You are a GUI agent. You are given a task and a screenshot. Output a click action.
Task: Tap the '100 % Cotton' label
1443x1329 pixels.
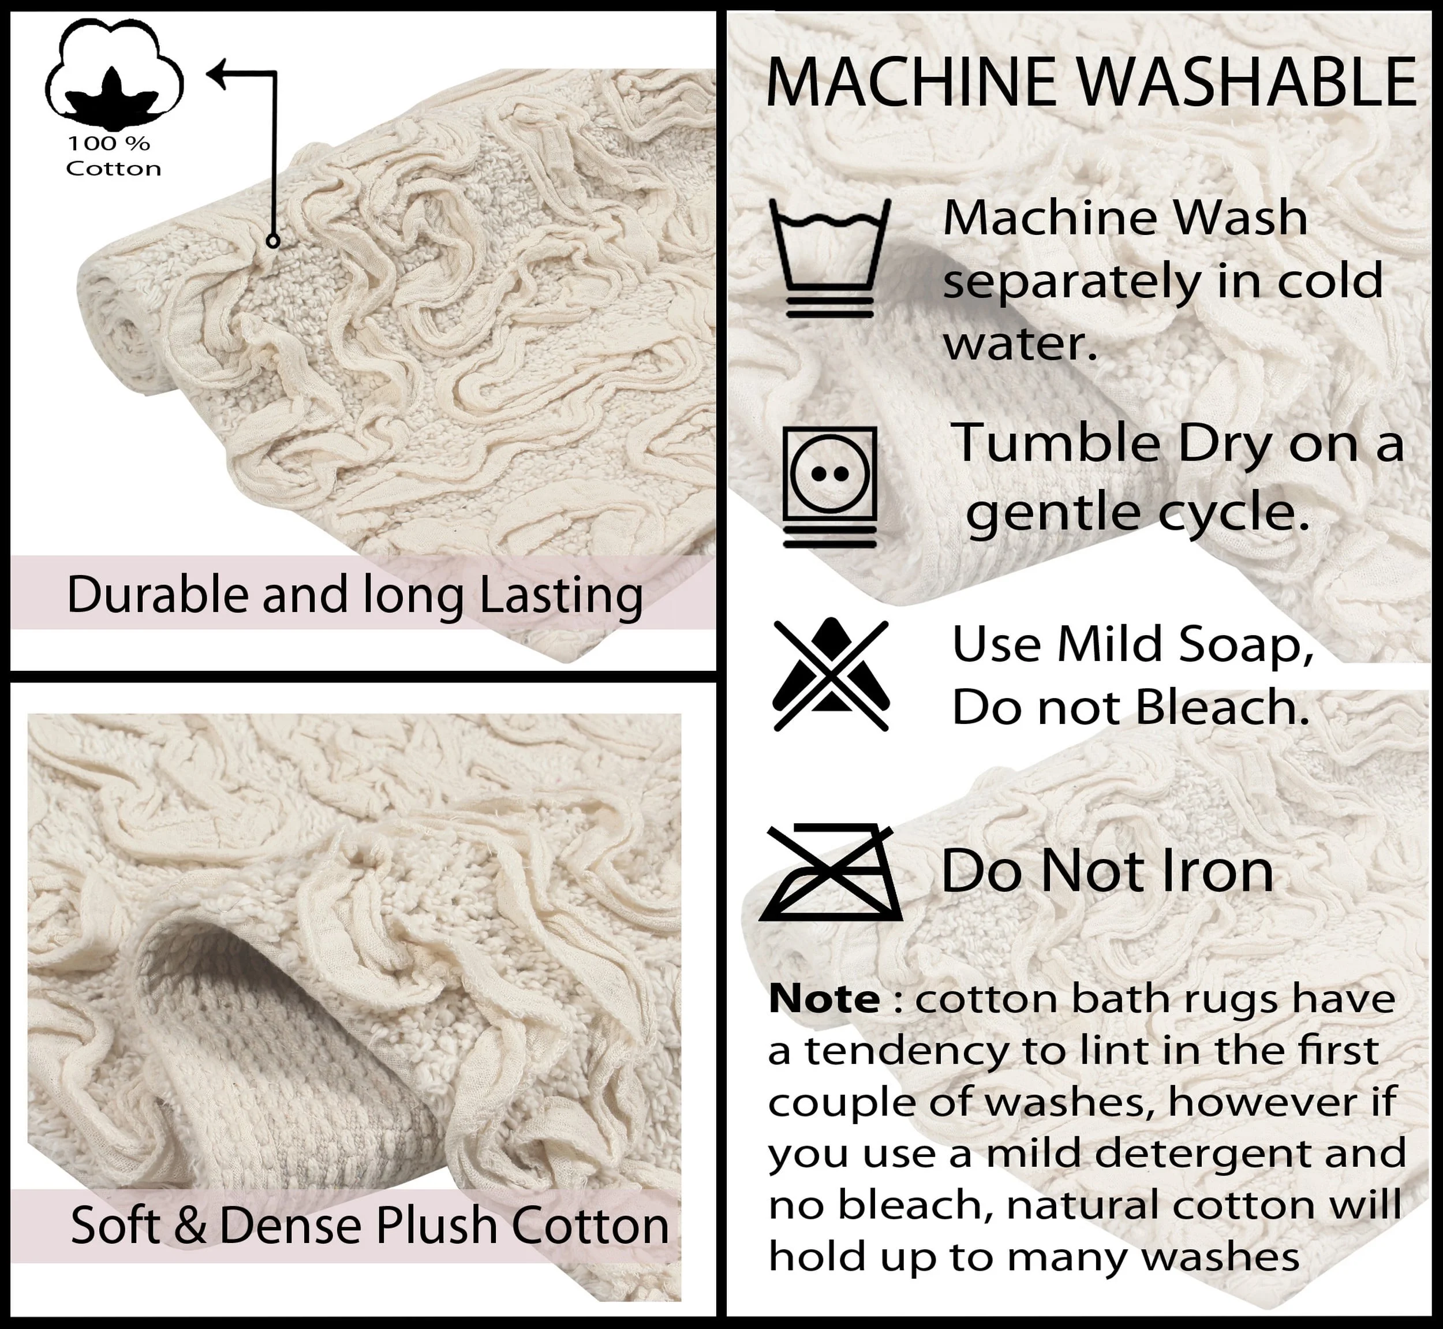[x=113, y=156]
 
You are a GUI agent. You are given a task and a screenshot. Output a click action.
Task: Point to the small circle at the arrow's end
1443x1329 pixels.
[x=272, y=241]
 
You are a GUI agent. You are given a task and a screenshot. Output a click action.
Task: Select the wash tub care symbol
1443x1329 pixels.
[x=829, y=258]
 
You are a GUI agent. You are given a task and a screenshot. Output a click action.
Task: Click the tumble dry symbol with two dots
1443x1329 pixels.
[x=829, y=486]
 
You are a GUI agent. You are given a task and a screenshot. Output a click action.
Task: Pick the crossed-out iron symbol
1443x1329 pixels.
[x=831, y=872]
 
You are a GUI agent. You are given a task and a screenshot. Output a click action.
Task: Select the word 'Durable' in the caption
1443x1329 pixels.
[x=157, y=595]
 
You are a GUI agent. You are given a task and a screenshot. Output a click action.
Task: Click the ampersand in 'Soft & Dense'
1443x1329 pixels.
[x=190, y=1226]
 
